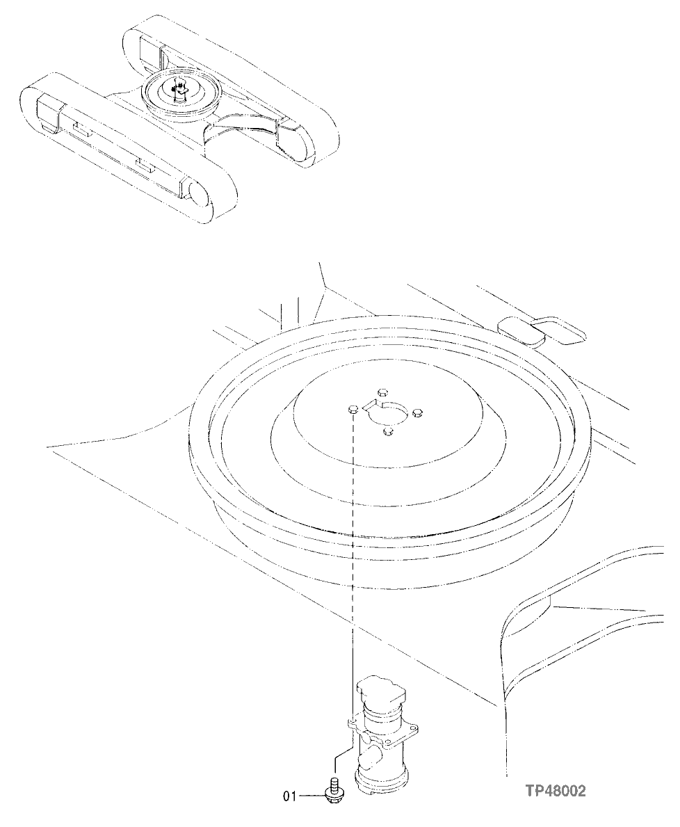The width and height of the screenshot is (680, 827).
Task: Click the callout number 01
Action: [289, 795]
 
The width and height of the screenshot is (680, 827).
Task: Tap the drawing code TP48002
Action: [556, 791]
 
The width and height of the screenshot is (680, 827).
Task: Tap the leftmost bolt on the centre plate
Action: [352, 410]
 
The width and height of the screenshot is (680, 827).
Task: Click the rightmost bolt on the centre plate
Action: [417, 414]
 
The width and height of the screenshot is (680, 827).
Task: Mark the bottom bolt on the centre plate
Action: [389, 433]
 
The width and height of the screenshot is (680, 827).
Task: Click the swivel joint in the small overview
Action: [180, 90]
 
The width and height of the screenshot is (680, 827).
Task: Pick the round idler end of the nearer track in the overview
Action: [199, 195]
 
